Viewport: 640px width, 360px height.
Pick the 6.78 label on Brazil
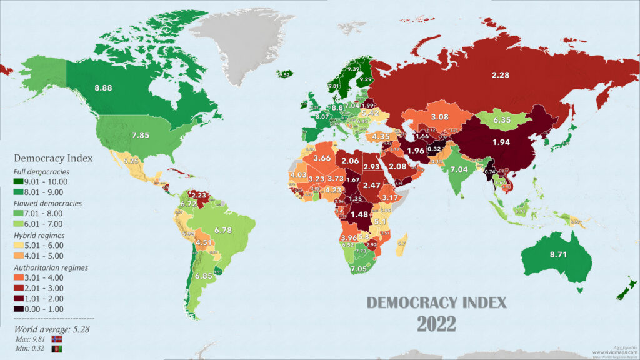(x=222, y=231)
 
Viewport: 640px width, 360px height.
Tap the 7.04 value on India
(x=459, y=169)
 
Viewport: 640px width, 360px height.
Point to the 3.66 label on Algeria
(x=322, y=158)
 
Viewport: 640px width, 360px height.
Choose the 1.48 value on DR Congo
(x=360, y=214)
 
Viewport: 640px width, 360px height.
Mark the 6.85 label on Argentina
(x=204, y=276)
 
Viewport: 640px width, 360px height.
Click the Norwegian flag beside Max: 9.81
(x=56, y=339)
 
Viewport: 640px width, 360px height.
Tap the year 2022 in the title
(x=437, y=324)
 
